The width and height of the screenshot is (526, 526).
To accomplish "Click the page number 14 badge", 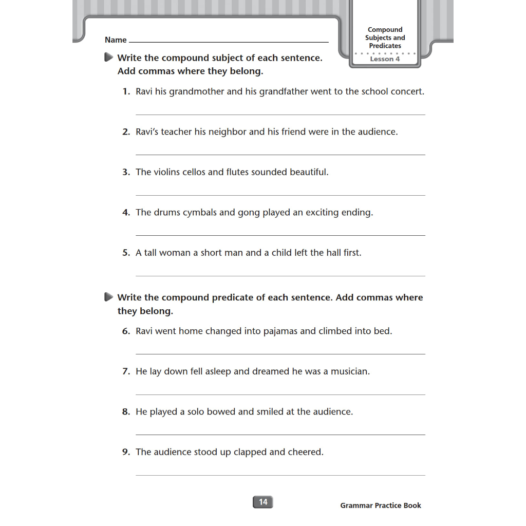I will point(263,502).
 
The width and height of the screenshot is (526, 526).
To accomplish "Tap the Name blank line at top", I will point(229,42).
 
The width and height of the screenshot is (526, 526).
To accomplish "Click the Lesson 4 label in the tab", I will point(385,59).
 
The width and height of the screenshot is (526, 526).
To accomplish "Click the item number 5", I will point(126,253).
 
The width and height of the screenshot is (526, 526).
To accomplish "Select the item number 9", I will point(126,453).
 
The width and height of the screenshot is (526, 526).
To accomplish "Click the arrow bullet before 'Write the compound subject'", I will point(108,58).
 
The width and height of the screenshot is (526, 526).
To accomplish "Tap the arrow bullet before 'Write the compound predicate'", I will point(108,297).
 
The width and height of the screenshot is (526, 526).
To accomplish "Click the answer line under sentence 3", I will point(280,195).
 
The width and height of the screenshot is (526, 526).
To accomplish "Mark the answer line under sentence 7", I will point(280,394).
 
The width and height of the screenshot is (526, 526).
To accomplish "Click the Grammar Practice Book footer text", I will point(380,505).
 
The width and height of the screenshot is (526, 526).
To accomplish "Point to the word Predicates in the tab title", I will point(385,46).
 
